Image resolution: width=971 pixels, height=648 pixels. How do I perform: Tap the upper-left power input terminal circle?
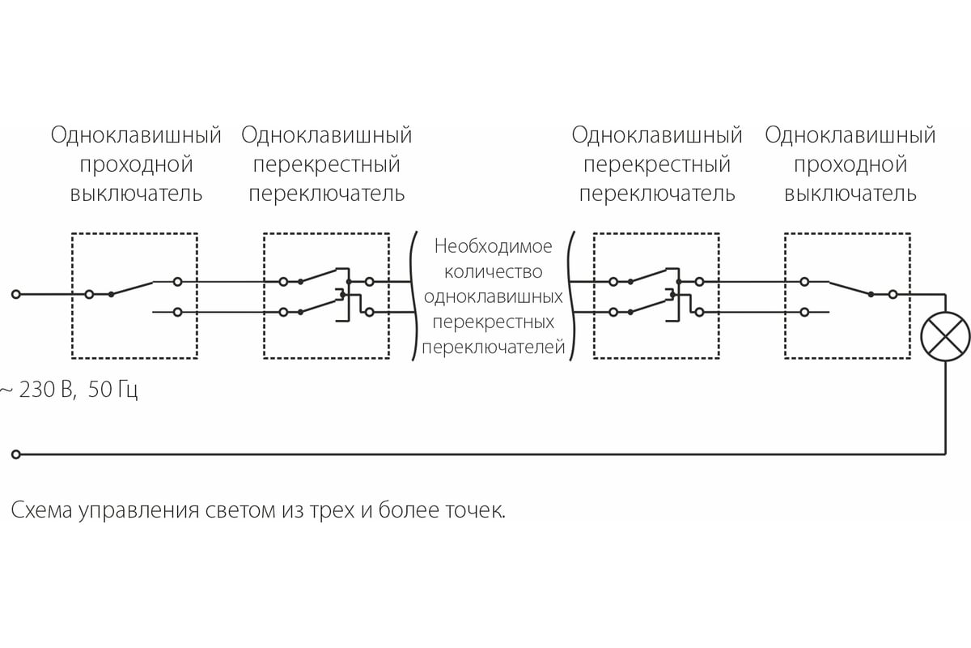tap(16, 294)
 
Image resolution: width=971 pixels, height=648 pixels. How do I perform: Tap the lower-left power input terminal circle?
tap(16, 454)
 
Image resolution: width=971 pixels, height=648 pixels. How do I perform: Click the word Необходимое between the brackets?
tap(493, 246)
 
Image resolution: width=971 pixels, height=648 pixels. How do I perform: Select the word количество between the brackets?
tap(493, 271)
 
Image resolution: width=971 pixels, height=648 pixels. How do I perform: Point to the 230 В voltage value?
tap(45, 389)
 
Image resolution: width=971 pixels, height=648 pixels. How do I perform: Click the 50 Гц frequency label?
tap(112, 390)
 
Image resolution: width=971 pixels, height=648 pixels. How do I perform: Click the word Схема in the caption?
tap(41, 510)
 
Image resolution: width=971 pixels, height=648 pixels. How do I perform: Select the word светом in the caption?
tap(240, 511)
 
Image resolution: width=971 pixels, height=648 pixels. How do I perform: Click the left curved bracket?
tap(414, 296)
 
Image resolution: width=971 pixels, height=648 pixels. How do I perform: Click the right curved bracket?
tap(572, 296)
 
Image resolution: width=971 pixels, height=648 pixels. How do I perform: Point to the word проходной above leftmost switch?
tap(136, 165)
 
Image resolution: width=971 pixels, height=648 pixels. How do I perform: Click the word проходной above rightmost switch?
tap(850, 165)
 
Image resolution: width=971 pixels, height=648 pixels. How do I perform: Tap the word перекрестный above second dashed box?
tap(326, 165)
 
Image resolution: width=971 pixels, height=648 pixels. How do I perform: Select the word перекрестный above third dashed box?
tap(657, 165)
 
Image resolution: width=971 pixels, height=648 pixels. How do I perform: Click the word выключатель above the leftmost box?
tap(136, 194)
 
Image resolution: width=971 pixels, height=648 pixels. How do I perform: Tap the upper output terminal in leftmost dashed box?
tap(177, 282)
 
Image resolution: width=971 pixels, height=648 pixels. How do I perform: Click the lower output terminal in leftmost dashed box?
tap(177, 312)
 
